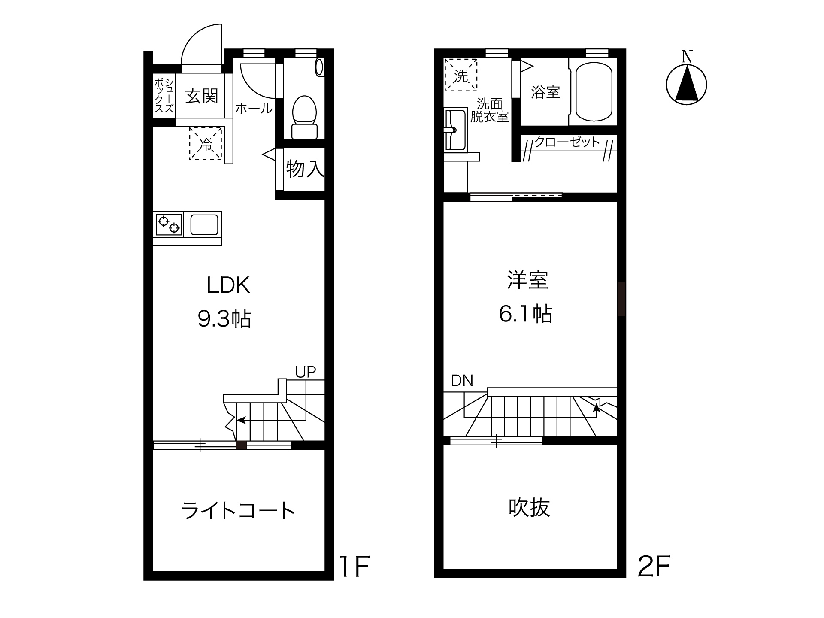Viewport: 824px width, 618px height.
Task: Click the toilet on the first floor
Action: pyautogui.click(x=304, y=117)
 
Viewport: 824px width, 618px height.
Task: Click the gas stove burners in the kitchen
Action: pyautogui.click(x=169, y=224)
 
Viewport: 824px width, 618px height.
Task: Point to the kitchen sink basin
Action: pyautogui.click(x=204, y=224)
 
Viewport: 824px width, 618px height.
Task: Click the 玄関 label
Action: pyautogui.click(x=202, y=97)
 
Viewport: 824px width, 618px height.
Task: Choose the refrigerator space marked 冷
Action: pyautogui.click(x=206, y=144)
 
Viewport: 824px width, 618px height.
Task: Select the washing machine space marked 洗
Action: pyautogui.click(x=461, y=75)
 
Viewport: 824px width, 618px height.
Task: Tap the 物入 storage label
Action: pyautogui.click(x=305, y=168)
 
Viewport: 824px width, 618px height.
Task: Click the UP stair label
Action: pyautogui.click(x=306, y=372)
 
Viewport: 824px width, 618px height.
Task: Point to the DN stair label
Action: pyautogui.click(x=462, y=380)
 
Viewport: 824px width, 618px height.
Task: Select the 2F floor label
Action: pyautogui.click(x=654, y=566)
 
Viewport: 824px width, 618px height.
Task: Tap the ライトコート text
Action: pyautogui.click(x=238, y=511)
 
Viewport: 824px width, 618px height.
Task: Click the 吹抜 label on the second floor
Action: pyautogui.click(x=529, y=507)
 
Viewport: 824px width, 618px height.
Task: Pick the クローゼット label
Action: pyautogui.click(x=566, y=142)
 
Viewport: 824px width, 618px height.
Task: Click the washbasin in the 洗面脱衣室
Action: pyautogui.click(x=455, y=130)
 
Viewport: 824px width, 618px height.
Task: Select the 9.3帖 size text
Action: pyautogui.click(x=224, y=319)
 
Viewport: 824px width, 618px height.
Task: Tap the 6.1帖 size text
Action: pyautogui.click(x=526, y=314)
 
